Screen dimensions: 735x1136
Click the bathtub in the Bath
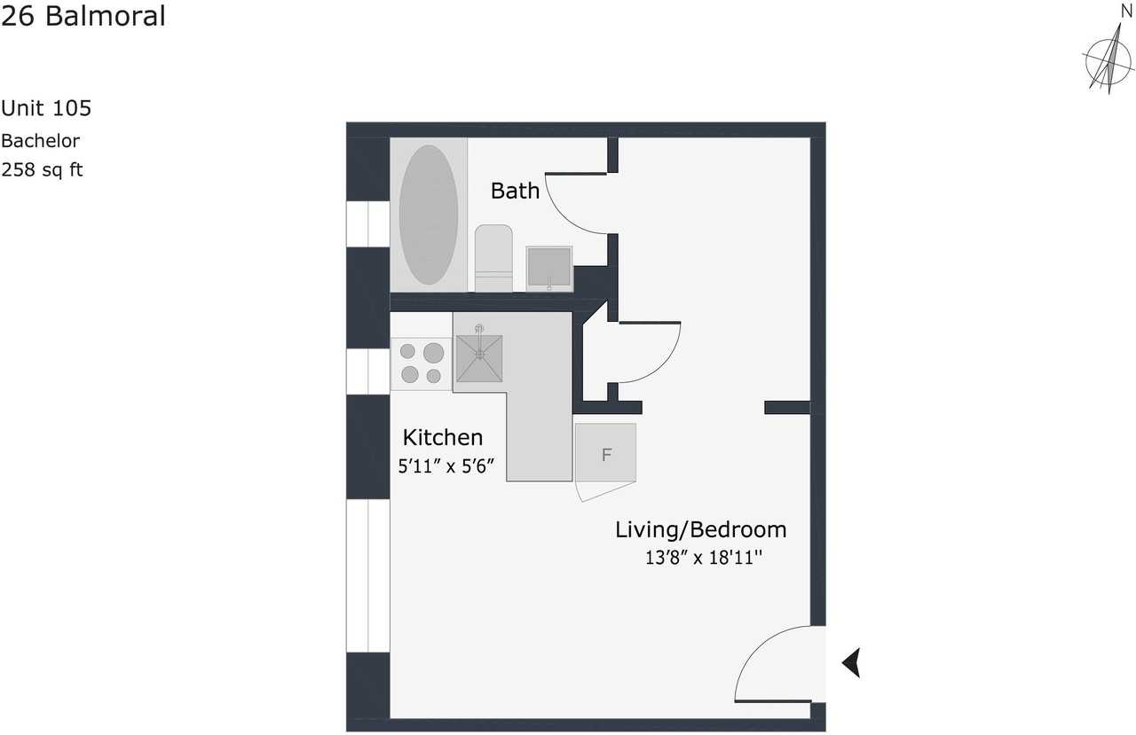pyautogui.click(x=429, y=215)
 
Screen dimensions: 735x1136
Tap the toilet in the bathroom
pyautogui.click(x=493, y=257)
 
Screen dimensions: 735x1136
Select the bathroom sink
pyautogui.click(x=548, y=268)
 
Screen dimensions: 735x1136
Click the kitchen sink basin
pyautogui.click(x=479, y=357)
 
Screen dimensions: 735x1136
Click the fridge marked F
pyautogui.click(x=606, y=454)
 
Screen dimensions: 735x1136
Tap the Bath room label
pyautogui.click(x=515, y=191)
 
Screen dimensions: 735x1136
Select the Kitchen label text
pyautogui.click(x=443, y=437)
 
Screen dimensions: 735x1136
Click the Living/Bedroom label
pyautogui.click(x=701, y=530)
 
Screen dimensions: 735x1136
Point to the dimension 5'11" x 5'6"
pyautogui.click(x=446, y=465)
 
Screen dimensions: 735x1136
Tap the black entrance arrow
pyautogui.click(x=851, y=662)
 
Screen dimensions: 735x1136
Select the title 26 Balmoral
pyautogui.click(x=83, y=16)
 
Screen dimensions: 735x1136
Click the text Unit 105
pyautogui.click(x=46, y=108)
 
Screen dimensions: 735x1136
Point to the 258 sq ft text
pyautogui.click(x=42, y=169)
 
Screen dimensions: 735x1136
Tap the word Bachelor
pyautogui.click(x=40, y=140)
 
